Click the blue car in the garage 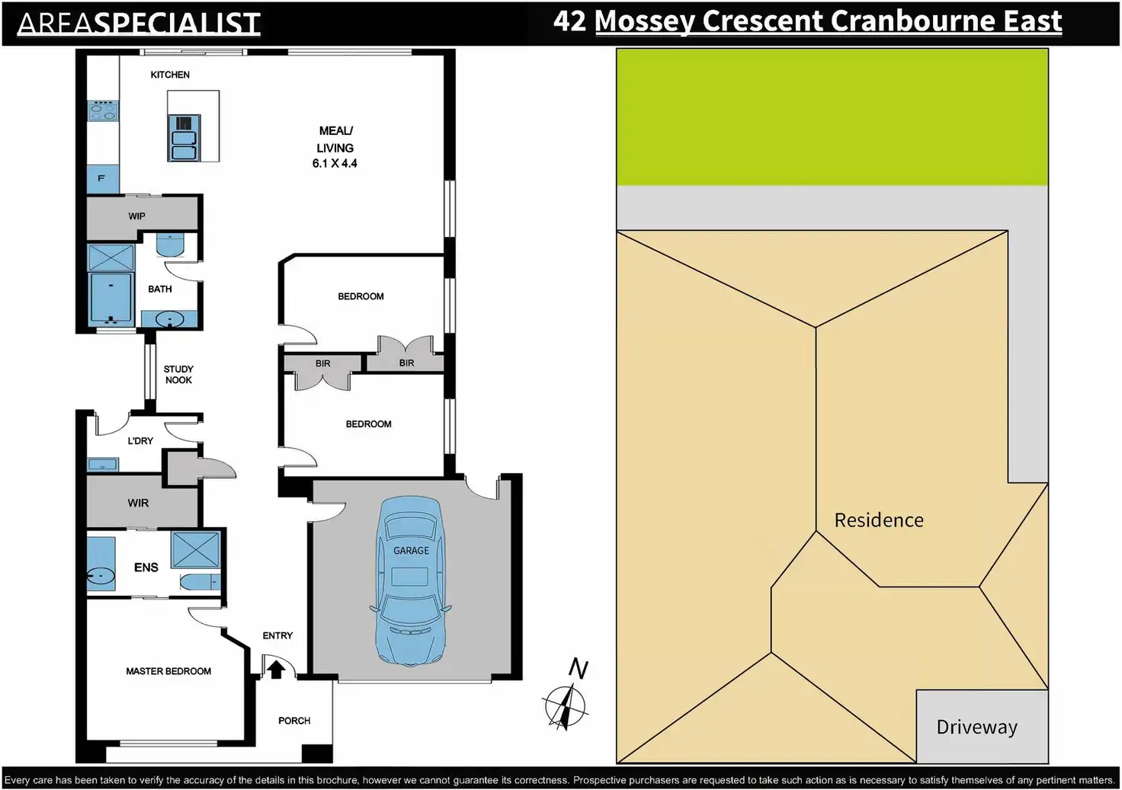pos(411,581)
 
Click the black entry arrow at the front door pos(275,670)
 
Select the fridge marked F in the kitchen pos(103,179)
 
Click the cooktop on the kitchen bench pos(103,110)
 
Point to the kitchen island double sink pos(184,138)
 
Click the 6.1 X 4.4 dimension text pos(335,163)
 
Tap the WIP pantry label pos(136,216)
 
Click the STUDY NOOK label pos(178,375)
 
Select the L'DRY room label pos(140,440)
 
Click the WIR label pos(138,503)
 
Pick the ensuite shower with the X pos(195,550)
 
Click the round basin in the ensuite pos(100,576)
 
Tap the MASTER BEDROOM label pos(168,671)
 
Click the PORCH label pos(294,721)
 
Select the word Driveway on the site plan pos(976,727)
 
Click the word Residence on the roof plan pos(879,520)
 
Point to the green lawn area pos(832,117)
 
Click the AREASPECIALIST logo pos(139,23)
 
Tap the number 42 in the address pos(569,21)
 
